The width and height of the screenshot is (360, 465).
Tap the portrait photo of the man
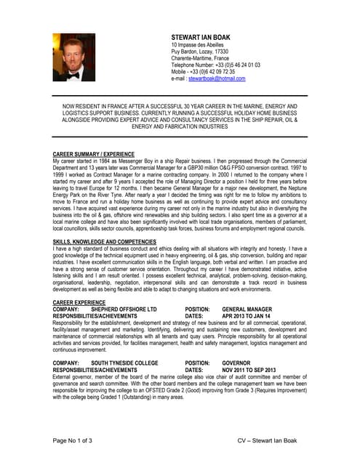(x=73, y=57)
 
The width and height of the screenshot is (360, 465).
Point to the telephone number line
(x=211, y=65)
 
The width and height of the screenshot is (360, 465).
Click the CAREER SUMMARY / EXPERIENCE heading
(x=94, y=154)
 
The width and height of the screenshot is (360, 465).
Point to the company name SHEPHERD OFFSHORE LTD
(x=124, y=309)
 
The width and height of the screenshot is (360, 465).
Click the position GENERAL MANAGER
(x=247, y=309)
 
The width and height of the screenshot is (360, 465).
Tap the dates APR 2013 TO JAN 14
(x=248, y=316)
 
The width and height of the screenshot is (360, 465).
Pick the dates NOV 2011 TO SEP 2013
(x=249, y=369)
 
